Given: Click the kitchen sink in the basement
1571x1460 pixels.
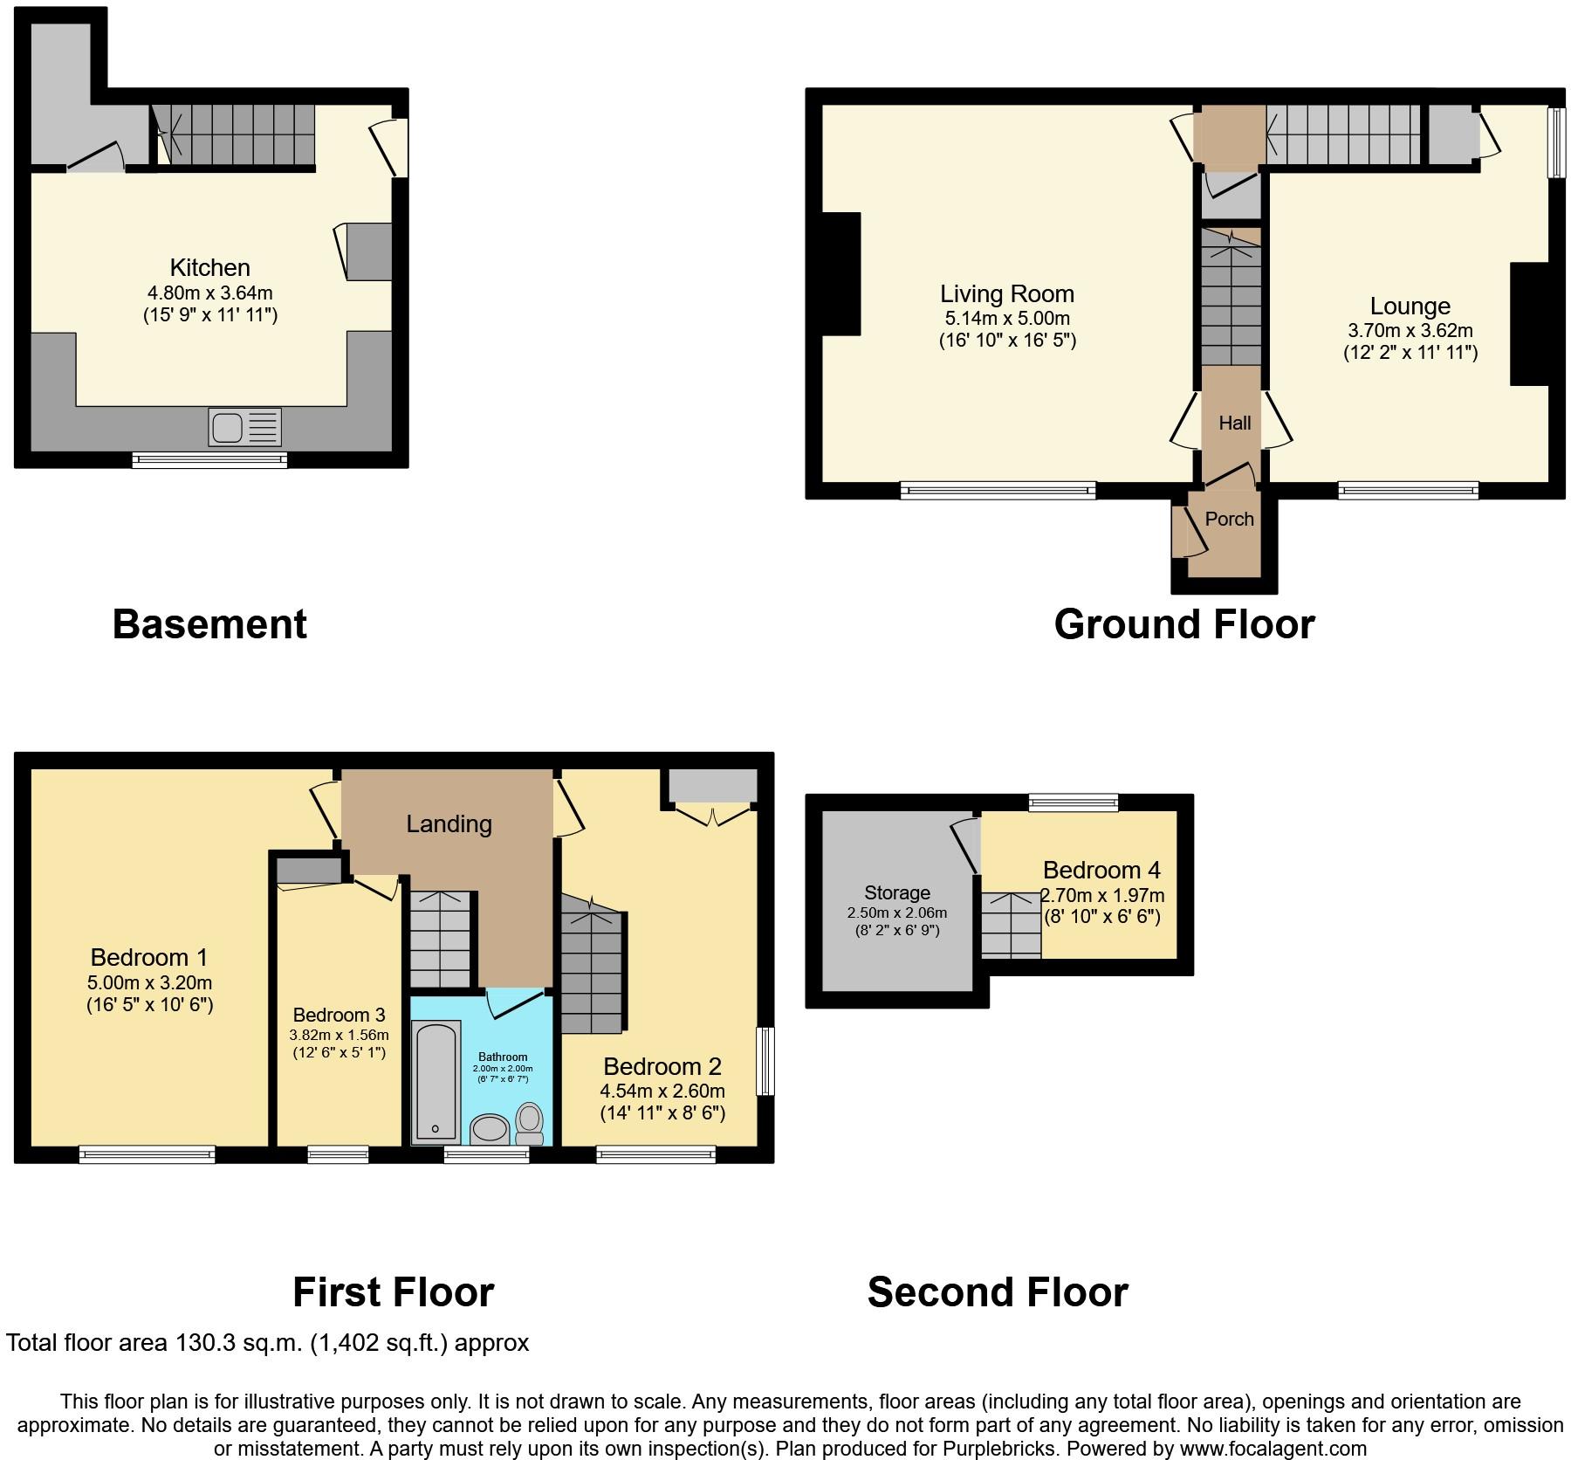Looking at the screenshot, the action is [245, 428].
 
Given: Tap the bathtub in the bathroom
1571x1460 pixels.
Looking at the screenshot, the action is [436, 1083].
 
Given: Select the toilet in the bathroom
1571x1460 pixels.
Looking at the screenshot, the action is [529, 1123].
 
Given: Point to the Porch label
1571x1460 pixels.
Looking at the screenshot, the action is [1229, 519].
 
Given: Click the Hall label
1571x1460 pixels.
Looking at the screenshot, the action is [1234, 424].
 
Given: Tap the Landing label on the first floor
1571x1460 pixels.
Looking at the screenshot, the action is [449, 823].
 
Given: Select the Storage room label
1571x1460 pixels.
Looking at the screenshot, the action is [897, 892].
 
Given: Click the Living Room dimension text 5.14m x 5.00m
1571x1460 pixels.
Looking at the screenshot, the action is [1007, 319].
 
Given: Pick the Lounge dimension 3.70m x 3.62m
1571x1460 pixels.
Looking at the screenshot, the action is [1410, 331].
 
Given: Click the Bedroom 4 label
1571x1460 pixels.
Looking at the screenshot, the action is [1101, 870].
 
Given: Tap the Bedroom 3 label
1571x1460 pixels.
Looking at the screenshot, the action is [339, 1015].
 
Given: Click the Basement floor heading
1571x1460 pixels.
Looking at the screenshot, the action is [209, 624].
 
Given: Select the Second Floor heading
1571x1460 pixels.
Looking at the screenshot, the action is [998, 1291].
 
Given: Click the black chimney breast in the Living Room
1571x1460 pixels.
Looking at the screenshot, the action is [841, 274].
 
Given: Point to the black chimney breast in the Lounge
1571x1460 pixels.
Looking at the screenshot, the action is [1530, 324].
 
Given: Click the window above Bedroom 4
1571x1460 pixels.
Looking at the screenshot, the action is [1074, 802].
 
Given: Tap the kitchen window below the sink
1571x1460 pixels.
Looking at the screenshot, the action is [209, 459].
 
